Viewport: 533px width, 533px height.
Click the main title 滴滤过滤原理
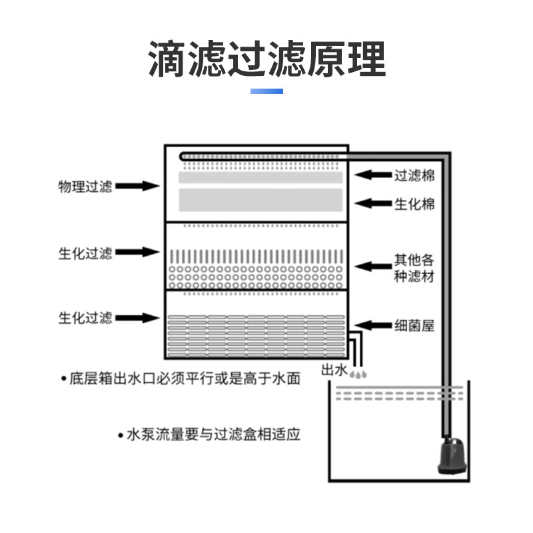click(266, 59)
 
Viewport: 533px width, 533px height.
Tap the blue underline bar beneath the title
click(266, 91)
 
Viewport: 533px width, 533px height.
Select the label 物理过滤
click(85, 187)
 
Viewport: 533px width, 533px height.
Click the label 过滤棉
click(414, 176)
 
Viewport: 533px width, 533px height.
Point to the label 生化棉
click(414, 204)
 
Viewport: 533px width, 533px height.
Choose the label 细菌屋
click(414, 326)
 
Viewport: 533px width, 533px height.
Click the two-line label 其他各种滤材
click(414, 267)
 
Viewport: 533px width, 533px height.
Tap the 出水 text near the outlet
click(334, 370)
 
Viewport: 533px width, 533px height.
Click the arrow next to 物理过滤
click(141, 187)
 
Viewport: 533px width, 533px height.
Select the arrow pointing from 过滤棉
click(372, 176)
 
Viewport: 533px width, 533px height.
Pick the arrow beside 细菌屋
click(372, 326)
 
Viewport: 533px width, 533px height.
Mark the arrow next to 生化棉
click(372, 204)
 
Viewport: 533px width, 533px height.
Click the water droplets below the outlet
click(358, 374)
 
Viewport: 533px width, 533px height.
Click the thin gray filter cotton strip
click(261, 178)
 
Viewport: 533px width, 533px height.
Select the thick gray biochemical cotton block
click(261, 199)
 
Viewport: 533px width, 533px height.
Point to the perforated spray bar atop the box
click(261, 156)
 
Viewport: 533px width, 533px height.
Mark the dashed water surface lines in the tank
click(398, 396)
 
